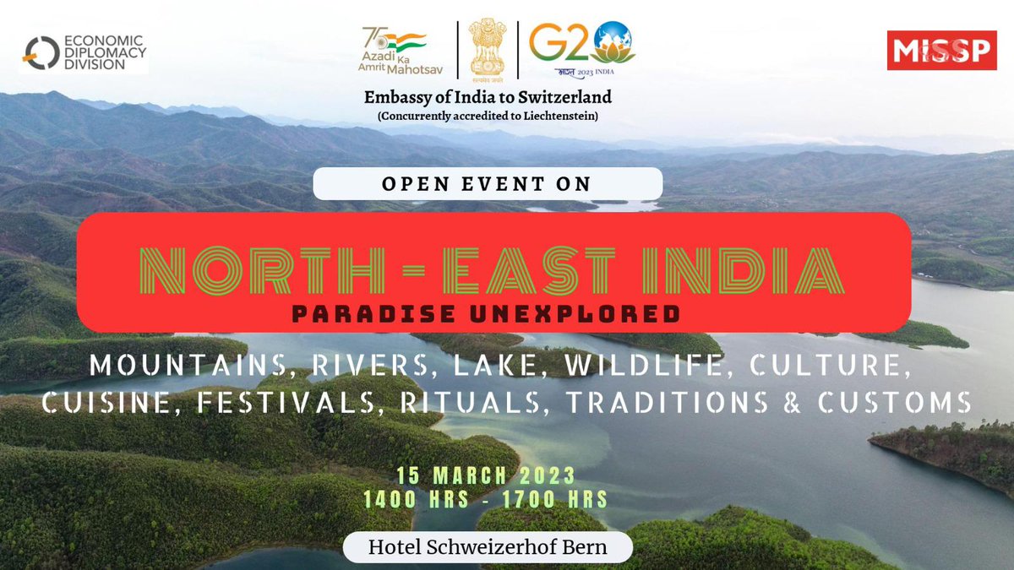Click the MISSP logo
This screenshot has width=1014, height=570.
click(x=941, y=51)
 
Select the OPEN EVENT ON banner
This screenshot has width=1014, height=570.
click(x=488, y=183)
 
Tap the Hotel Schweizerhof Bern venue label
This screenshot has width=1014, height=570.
click(x=488, y=546)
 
